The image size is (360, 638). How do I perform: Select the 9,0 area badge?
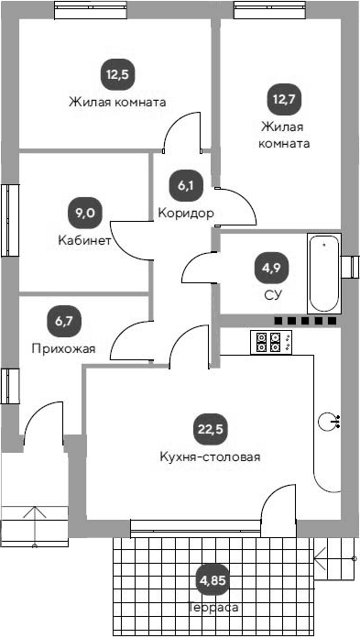pyautogui.click(x=84, y=214)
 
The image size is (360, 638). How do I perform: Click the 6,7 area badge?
pyautogui.click(x=63, y=321)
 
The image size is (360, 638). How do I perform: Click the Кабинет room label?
pyautogui.click(x=84, y=241)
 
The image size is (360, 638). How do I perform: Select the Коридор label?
pyautogui.click(x=186, y=214)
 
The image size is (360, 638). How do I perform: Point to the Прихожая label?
pyautogui.click(x=63, y=348)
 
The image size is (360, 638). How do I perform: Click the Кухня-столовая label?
pyautogui.click(x=209, y=456)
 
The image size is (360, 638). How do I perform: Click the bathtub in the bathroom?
pyautogui.click(x=323, y=274)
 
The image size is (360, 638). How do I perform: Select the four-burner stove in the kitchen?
pyautogui.click(x=269, y=342)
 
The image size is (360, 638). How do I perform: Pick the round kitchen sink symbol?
pyautogui.click(x=328, y=422)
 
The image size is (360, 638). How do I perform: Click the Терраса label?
pyautogui.click(x=216, y=607)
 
